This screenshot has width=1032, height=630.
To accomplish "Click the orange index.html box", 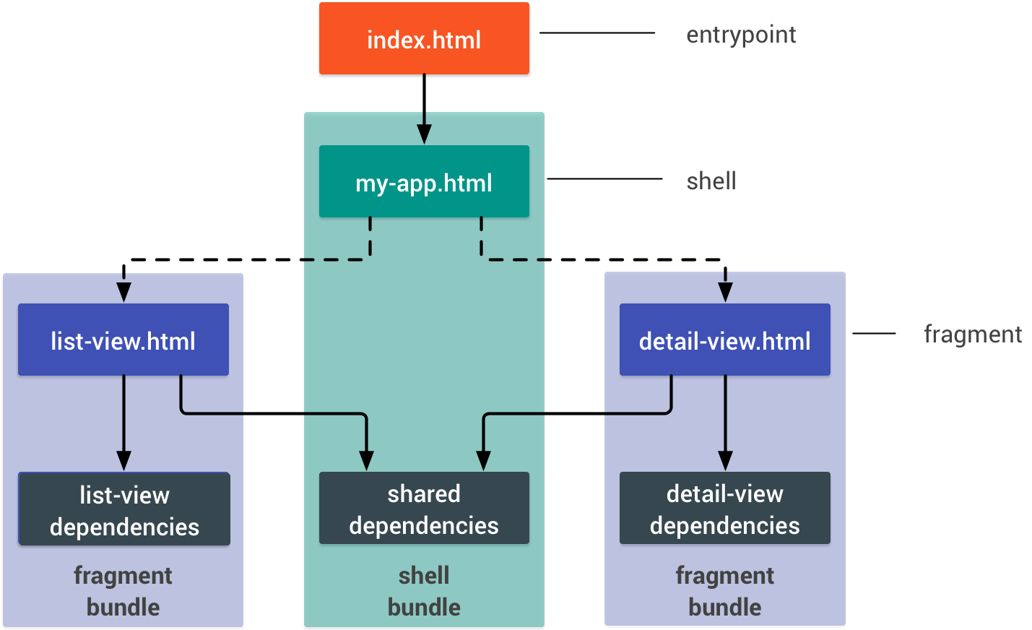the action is coord(424,38).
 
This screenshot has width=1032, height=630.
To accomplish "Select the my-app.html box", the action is coord(424,181).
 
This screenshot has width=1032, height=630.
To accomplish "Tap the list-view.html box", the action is coord(123,340).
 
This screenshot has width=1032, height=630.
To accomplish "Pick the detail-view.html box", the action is coord(724,340).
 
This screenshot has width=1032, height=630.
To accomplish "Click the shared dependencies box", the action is coord(424,508).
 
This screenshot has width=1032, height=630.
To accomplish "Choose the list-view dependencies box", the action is coord(124,509).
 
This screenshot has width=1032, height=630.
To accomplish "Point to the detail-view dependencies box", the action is coord(724,508).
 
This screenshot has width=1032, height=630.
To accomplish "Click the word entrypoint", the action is coord(741,35).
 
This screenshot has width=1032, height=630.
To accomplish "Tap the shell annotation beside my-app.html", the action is coord(711,181).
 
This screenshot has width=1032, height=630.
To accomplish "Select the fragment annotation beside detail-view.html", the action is coord(973,335).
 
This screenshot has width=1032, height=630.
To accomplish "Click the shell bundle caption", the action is coord(424,591).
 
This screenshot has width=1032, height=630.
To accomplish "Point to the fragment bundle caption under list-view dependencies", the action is coord(123,591).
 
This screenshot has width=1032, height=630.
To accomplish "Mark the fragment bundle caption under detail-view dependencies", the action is coord(724,591).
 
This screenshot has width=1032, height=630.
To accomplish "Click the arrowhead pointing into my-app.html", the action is coord(424,134).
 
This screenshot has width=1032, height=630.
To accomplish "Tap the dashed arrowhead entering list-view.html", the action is coord(123,292).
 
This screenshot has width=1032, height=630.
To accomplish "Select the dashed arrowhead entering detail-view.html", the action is coord(725,292).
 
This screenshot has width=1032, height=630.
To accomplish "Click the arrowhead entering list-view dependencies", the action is coord(123,461).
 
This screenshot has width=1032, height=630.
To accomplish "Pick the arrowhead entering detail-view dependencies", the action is coord(725,461).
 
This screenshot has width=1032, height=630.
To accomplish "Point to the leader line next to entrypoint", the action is coord(597,33).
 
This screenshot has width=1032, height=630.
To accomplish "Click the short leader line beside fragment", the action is coord(874,333).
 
